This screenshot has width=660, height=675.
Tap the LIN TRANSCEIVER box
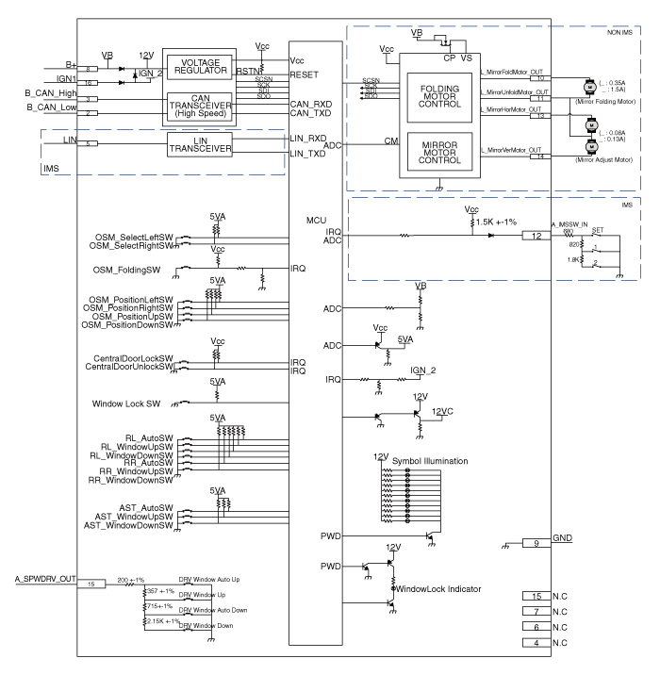click(199, 145)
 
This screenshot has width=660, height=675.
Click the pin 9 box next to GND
click(536, 542)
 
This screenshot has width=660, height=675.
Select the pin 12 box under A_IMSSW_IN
click(536, 235)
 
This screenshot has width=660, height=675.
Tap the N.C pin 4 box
click(536, 644)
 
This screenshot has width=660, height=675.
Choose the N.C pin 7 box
click(536, 612)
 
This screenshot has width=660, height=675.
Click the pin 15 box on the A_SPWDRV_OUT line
click(91, 584)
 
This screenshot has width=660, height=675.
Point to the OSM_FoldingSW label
click(131, 267)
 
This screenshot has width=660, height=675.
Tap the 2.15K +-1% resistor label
click(161, 622)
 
